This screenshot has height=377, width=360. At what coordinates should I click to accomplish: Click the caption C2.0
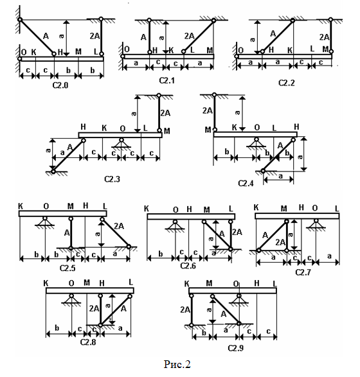click(60, 85)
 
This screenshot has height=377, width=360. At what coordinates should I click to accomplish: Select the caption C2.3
click(112, 179)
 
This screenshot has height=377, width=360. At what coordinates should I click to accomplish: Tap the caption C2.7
click(303, 272)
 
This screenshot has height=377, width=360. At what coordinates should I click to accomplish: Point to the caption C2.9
click(235, 348)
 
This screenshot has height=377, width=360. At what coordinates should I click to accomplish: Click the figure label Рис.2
click(177, 364)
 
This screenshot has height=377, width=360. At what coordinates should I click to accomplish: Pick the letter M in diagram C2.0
click(78, 51)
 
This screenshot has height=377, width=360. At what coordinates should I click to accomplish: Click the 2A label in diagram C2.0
click(94, 36)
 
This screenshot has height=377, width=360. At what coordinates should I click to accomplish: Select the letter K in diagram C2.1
click(171, 51)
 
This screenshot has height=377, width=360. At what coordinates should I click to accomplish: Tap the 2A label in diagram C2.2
click(325, 37)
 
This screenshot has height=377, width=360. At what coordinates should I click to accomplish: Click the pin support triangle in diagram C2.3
click(122, 144)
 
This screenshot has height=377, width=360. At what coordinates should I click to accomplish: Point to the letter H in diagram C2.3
click(83, 127)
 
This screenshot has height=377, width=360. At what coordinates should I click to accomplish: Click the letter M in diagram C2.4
click(208, 130)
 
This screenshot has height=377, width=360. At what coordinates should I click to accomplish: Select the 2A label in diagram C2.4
click(208, 110)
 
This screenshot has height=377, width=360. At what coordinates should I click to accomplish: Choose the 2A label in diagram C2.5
click(119, 226)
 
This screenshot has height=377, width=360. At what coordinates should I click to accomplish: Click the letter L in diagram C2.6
click(231, 209)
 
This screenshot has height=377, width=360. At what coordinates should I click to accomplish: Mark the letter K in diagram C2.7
click(256, 207)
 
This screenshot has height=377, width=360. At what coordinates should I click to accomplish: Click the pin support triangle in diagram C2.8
click(71, 299)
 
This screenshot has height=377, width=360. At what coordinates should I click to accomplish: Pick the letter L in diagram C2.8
click(131, 282)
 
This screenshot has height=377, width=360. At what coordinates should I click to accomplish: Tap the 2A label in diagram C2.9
click(185, 310)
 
